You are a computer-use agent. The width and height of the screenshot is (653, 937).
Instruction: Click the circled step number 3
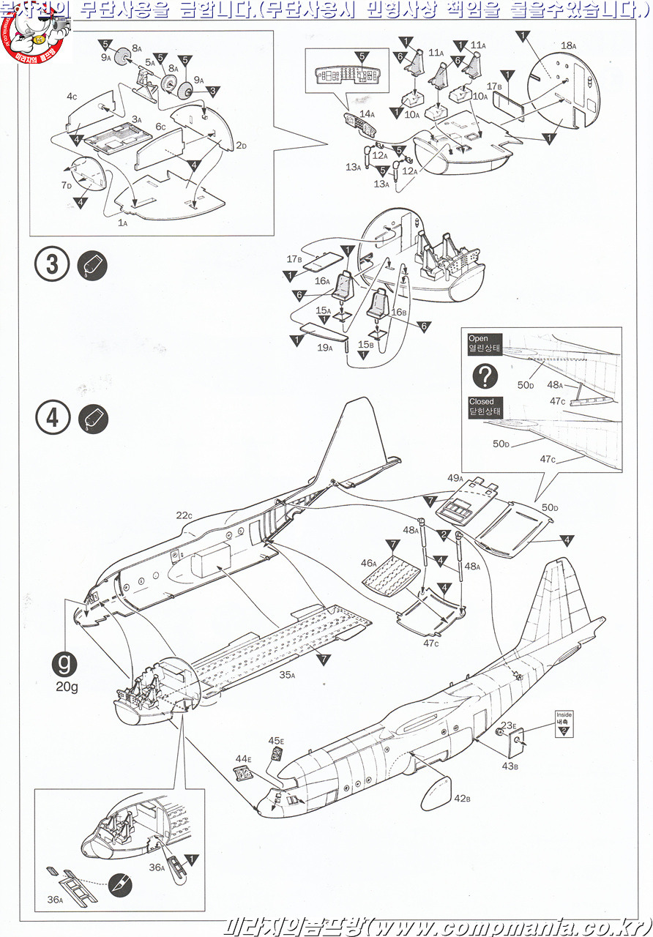tap(53, 264)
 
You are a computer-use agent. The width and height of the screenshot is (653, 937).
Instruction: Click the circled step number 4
tap(53, 418)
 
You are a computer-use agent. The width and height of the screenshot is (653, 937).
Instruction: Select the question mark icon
tap(485, 376)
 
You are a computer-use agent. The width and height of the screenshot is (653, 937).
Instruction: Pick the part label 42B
tap(462, 798)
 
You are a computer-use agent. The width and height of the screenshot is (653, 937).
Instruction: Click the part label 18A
tap(568, 45)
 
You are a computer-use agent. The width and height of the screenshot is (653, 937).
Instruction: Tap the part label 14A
tap(367, 114)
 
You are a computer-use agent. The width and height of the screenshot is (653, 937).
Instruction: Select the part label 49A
tap(455, 478)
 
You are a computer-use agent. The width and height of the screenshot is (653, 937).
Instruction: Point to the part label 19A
tap(325, 348)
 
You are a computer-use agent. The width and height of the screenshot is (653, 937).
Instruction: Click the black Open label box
tap(485, 343)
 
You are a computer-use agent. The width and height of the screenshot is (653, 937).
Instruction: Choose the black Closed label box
tap(485, 406)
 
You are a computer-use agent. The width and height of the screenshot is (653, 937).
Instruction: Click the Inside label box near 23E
tap(564, 720)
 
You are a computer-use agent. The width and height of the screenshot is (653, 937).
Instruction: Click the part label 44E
tap(243, 759)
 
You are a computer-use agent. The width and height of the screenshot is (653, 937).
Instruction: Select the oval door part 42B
tap(435, 793)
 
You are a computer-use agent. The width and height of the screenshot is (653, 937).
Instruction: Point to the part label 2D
tap(241, 146)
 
